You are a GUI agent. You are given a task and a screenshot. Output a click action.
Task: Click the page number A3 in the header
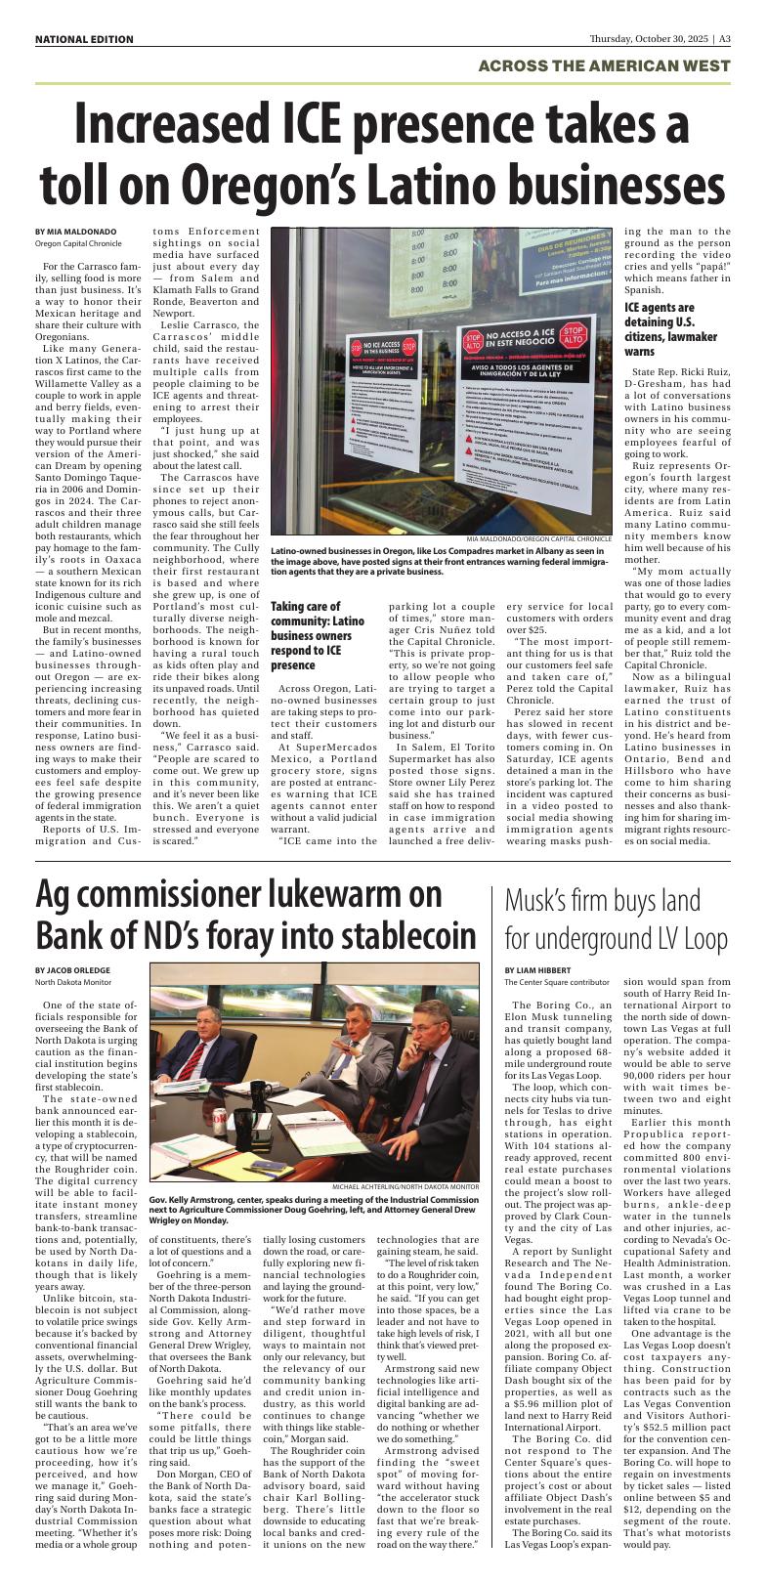click(723, 39)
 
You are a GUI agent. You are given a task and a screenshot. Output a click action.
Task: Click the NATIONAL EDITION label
click(84, 39)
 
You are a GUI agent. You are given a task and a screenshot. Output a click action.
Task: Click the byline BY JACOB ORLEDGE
click(72, 970)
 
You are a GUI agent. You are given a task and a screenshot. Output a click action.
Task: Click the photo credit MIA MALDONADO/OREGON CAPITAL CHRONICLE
click(538, 538)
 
